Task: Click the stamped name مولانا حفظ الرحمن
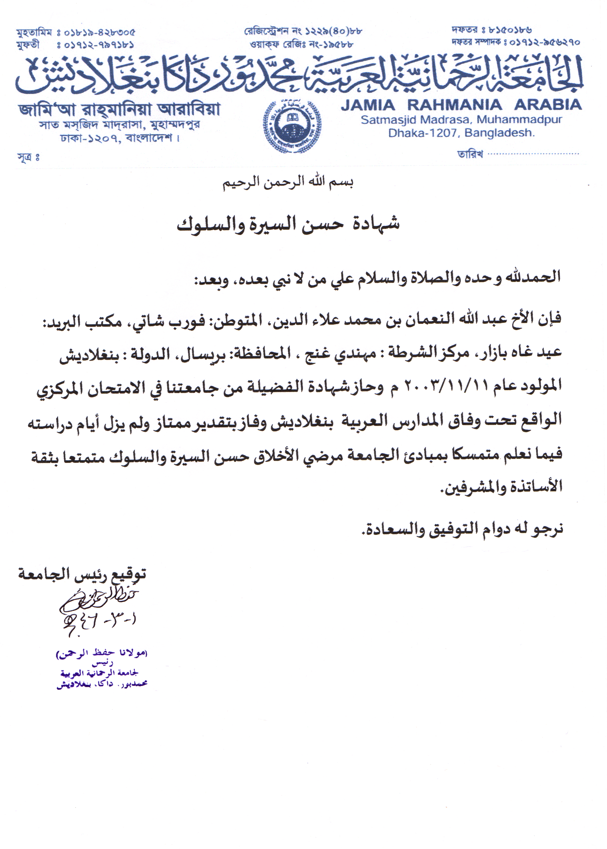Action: (102, 654)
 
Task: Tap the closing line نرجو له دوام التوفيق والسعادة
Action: (462, 528)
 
